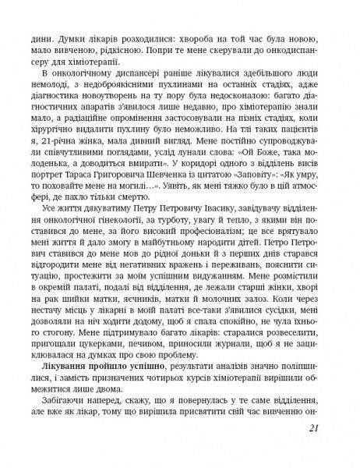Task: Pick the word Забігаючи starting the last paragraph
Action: coord(72,396)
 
